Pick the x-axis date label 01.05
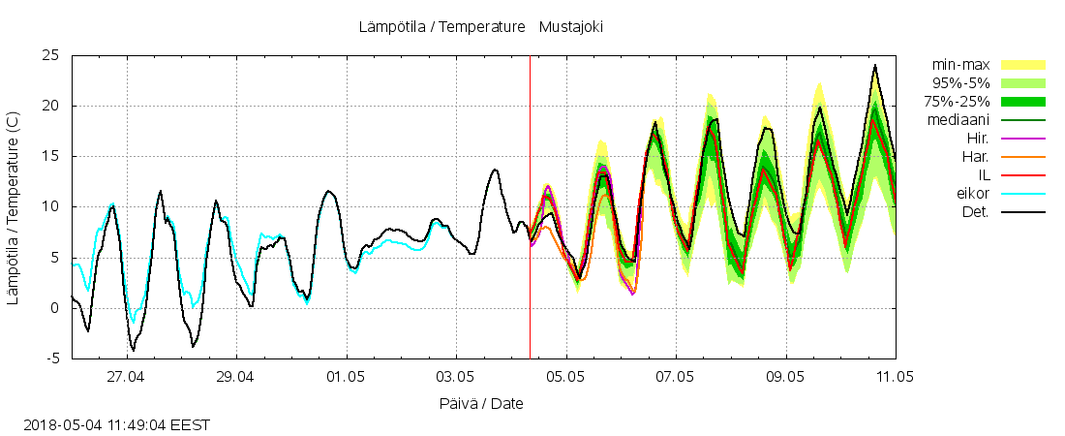pyautogui.click(x=346, y=376)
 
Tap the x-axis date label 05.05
pyautogui.click(x=565, y=376)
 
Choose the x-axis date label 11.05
pyautogui.click(x=895, y=376)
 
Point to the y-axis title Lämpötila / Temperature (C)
pyautogui.click(x=14, y=207)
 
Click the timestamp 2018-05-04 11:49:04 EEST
pyautogui.click(x=116, y=424)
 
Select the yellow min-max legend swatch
pyautogui.click(x=1022, y=65)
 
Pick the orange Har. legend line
pyautogui.click(x=1022, y=157)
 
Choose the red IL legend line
pyautogui.click(x=1022, y=175)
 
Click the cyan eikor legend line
pyautogui.click(x=1022, y=194)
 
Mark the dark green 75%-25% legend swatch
pyautogui.click(x=1022, y=102)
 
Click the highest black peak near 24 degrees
pyautogui.click(x=875, y=66)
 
